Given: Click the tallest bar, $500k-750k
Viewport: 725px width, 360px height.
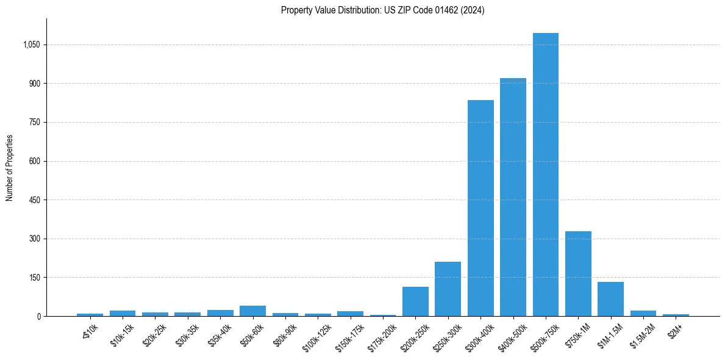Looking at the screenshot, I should tap(545, 175).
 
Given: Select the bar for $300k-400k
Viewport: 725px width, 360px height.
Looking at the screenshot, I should tap(480, 208).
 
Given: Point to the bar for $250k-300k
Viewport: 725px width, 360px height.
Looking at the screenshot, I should tap(448, 289).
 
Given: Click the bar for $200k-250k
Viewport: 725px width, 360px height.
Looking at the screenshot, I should tap(415, 301).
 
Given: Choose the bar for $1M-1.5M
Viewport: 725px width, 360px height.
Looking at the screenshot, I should tap(610, 299).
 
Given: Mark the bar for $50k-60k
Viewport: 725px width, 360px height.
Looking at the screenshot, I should tap(252, 311).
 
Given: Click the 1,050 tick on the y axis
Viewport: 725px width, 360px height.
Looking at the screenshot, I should tap(31, 45).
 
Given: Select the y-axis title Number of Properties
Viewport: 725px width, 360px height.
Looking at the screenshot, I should tap(10, 168).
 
